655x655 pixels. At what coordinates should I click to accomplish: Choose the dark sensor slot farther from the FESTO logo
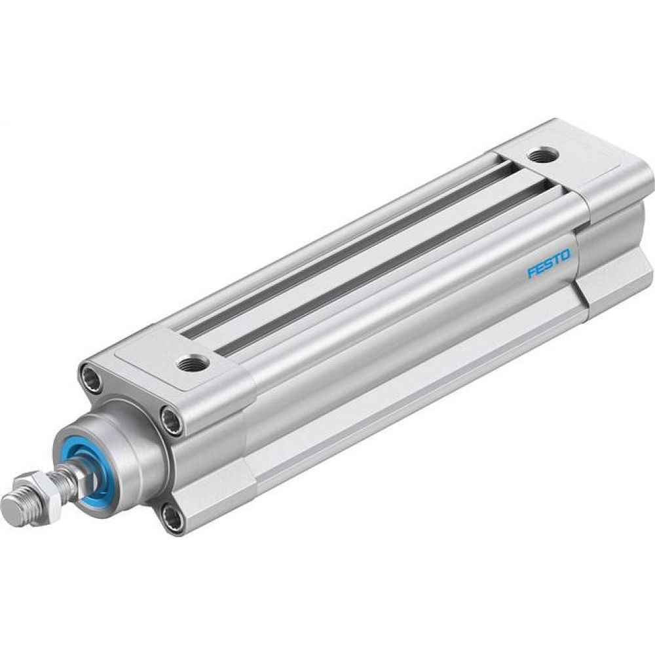(347, 249)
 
